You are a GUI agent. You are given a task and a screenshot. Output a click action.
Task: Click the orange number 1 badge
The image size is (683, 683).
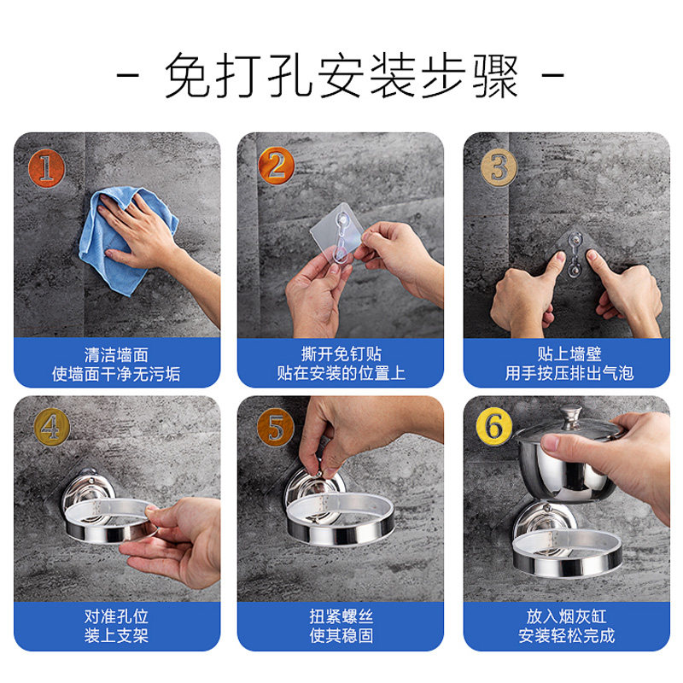pos(46,168)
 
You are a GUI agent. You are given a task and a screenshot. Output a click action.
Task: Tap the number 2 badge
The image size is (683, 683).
pos(276,166)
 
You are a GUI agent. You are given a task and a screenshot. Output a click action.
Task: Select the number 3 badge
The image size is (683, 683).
pos(499,167)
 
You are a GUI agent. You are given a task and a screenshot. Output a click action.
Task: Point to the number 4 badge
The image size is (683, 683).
pos(52,428)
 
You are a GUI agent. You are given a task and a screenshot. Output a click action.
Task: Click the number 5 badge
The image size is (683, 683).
pos(275,428)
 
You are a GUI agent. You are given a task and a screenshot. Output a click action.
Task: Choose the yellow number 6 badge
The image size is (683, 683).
pos(494,426)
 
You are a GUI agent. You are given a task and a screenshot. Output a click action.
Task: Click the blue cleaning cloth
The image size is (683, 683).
pos(126,241)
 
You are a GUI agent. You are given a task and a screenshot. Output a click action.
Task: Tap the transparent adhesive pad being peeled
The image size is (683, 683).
pos(337,233)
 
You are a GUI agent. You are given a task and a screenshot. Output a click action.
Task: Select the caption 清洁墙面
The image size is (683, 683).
pos(116,354)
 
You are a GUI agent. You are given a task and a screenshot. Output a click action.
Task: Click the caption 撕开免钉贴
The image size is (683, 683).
pos(341,354)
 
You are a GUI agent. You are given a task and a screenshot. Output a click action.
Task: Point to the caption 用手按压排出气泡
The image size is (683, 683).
pos(569,373)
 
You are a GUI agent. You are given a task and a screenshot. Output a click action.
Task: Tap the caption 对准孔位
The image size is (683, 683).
pos(116,616)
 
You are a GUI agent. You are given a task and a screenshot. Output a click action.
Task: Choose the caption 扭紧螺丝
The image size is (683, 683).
pos(341,616)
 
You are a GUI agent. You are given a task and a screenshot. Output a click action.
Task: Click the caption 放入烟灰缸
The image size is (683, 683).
pos(566,616)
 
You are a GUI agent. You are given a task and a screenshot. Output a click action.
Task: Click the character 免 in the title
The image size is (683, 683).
pos(188,75)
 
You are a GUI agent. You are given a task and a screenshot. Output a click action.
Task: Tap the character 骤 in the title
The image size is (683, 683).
pos(495,75)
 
